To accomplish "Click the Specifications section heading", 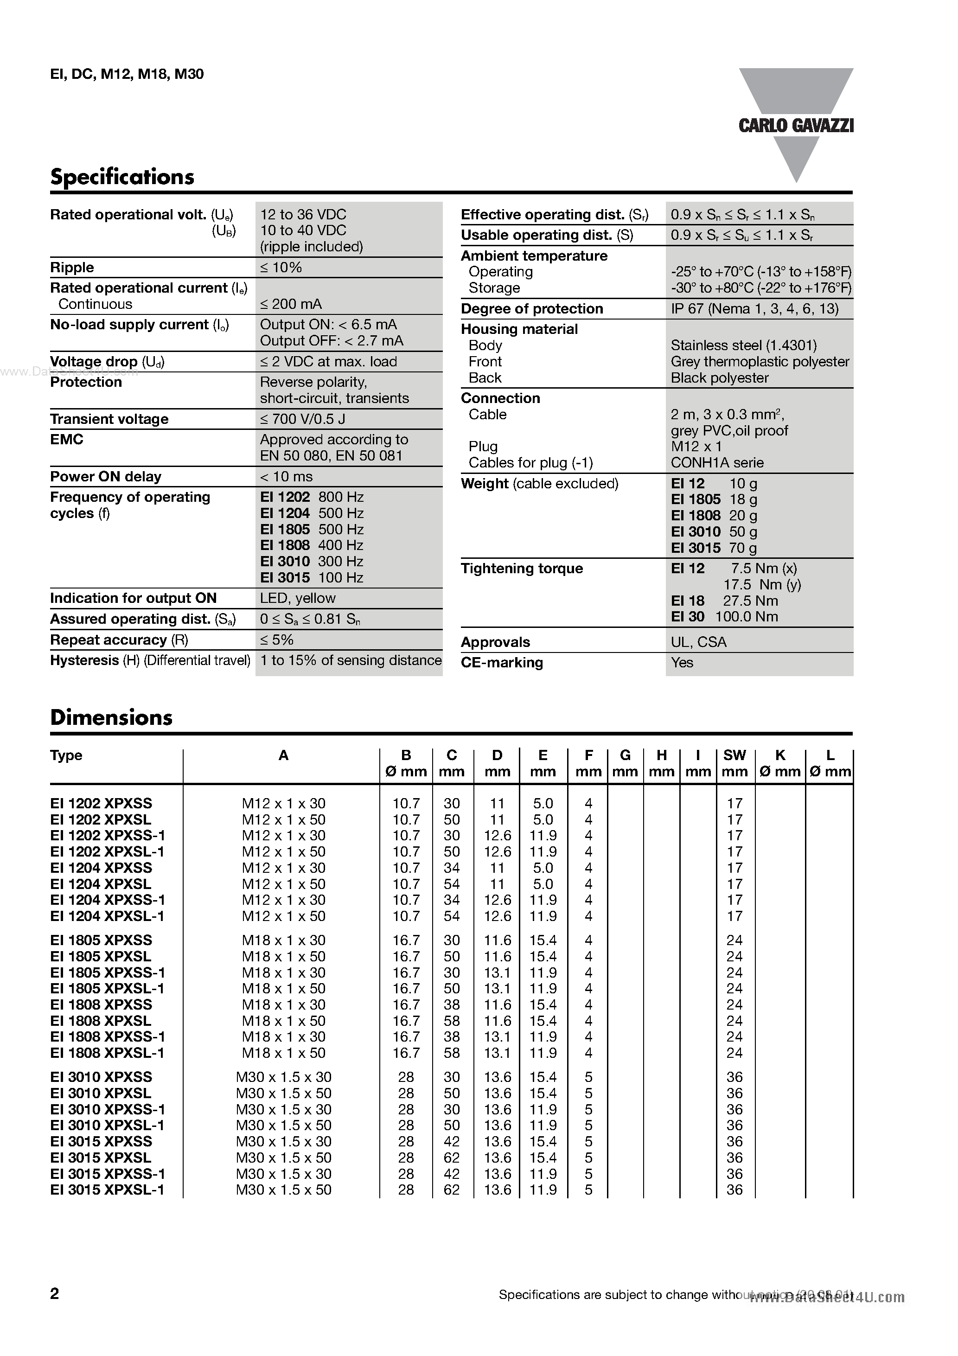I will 122,177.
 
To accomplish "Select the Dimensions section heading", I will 111,717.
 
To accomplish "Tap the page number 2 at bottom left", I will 54,1293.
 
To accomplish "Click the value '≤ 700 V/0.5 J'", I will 302,419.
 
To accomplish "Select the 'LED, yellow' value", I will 298,598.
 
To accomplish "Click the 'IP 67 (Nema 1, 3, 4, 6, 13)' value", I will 754,308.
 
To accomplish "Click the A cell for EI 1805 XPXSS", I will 283,940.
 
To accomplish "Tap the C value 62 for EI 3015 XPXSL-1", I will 451,1190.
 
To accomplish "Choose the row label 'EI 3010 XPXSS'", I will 101,1077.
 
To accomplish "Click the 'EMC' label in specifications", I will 67,439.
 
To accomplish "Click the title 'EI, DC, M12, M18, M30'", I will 127,74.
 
